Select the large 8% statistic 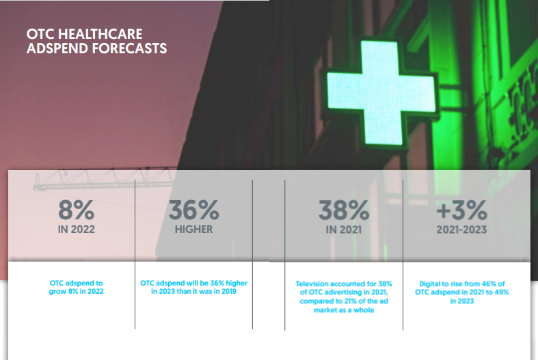click(76, 210)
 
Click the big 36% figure click(194, 210)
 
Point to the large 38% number click(344, 210)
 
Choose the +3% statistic click(462, 210)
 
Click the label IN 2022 click(76, 230)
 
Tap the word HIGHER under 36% click(194, 230)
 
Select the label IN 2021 click(344, 230)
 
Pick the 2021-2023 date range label click(462, 230)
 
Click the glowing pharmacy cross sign click(381, 93)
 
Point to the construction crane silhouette click(103, 179)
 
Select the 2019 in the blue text click(228, 292)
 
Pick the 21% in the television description click(349, 301)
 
